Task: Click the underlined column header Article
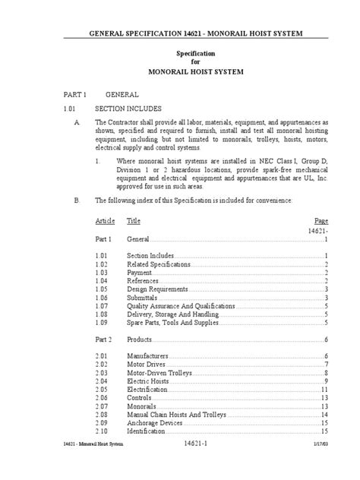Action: coord(105,220)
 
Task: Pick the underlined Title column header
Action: coord(133,220)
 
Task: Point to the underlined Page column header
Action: coord(321,220)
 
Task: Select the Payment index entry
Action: coord(138,273)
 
